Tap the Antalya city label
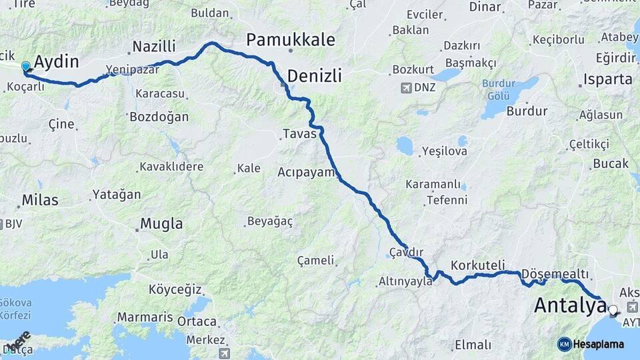[x=571, y=307]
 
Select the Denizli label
[x=315, y=75]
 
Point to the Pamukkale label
[x=291, y=39]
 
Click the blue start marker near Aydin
[x=26, y=67]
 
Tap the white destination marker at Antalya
[x=613, y=309]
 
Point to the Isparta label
[x=607, y=79]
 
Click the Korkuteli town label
[x=477, y=265]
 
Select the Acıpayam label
[x=305, y=172]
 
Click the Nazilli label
[x=154, y=46]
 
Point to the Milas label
[x=40, y=199]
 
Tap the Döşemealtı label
[x=555, y=274]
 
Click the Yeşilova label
[x=444, y=151]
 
